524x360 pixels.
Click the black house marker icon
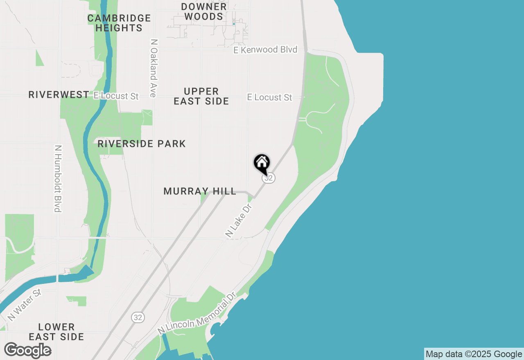pyautogui.click(x=262, y=163)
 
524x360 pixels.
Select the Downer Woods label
pyautogui.click(x=203, y=12)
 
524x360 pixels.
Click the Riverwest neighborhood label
pyautogui.click(x=59, y=95)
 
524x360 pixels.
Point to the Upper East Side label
pyautogui.click(x=201, y=96)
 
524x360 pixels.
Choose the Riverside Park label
pyautogui.click(x=142, y=144)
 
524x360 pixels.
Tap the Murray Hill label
pyautogui.click(x=200, y=191)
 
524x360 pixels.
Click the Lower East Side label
pyautogui.click(x=56, y=332)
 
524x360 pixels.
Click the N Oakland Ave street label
pyautogui.click(x=154, y=68)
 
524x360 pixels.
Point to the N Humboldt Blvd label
pyautogui.click(x=58, y=179)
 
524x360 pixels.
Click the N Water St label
pyautogui.click(x=25, y=305)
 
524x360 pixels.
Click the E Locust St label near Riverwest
pyautogui.click(x=116, y=96)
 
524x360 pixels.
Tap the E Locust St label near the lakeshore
pyautogui.click(x=270, y=97)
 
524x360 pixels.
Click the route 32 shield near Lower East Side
pyautogui.click(x=138, y=317)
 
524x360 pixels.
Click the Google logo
pyautogui.click(x=27, y=350)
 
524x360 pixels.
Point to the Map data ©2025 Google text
pyautogui.click(x=473, y=354)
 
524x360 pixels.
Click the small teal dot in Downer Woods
pyautogui.click(x=234, y=24)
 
